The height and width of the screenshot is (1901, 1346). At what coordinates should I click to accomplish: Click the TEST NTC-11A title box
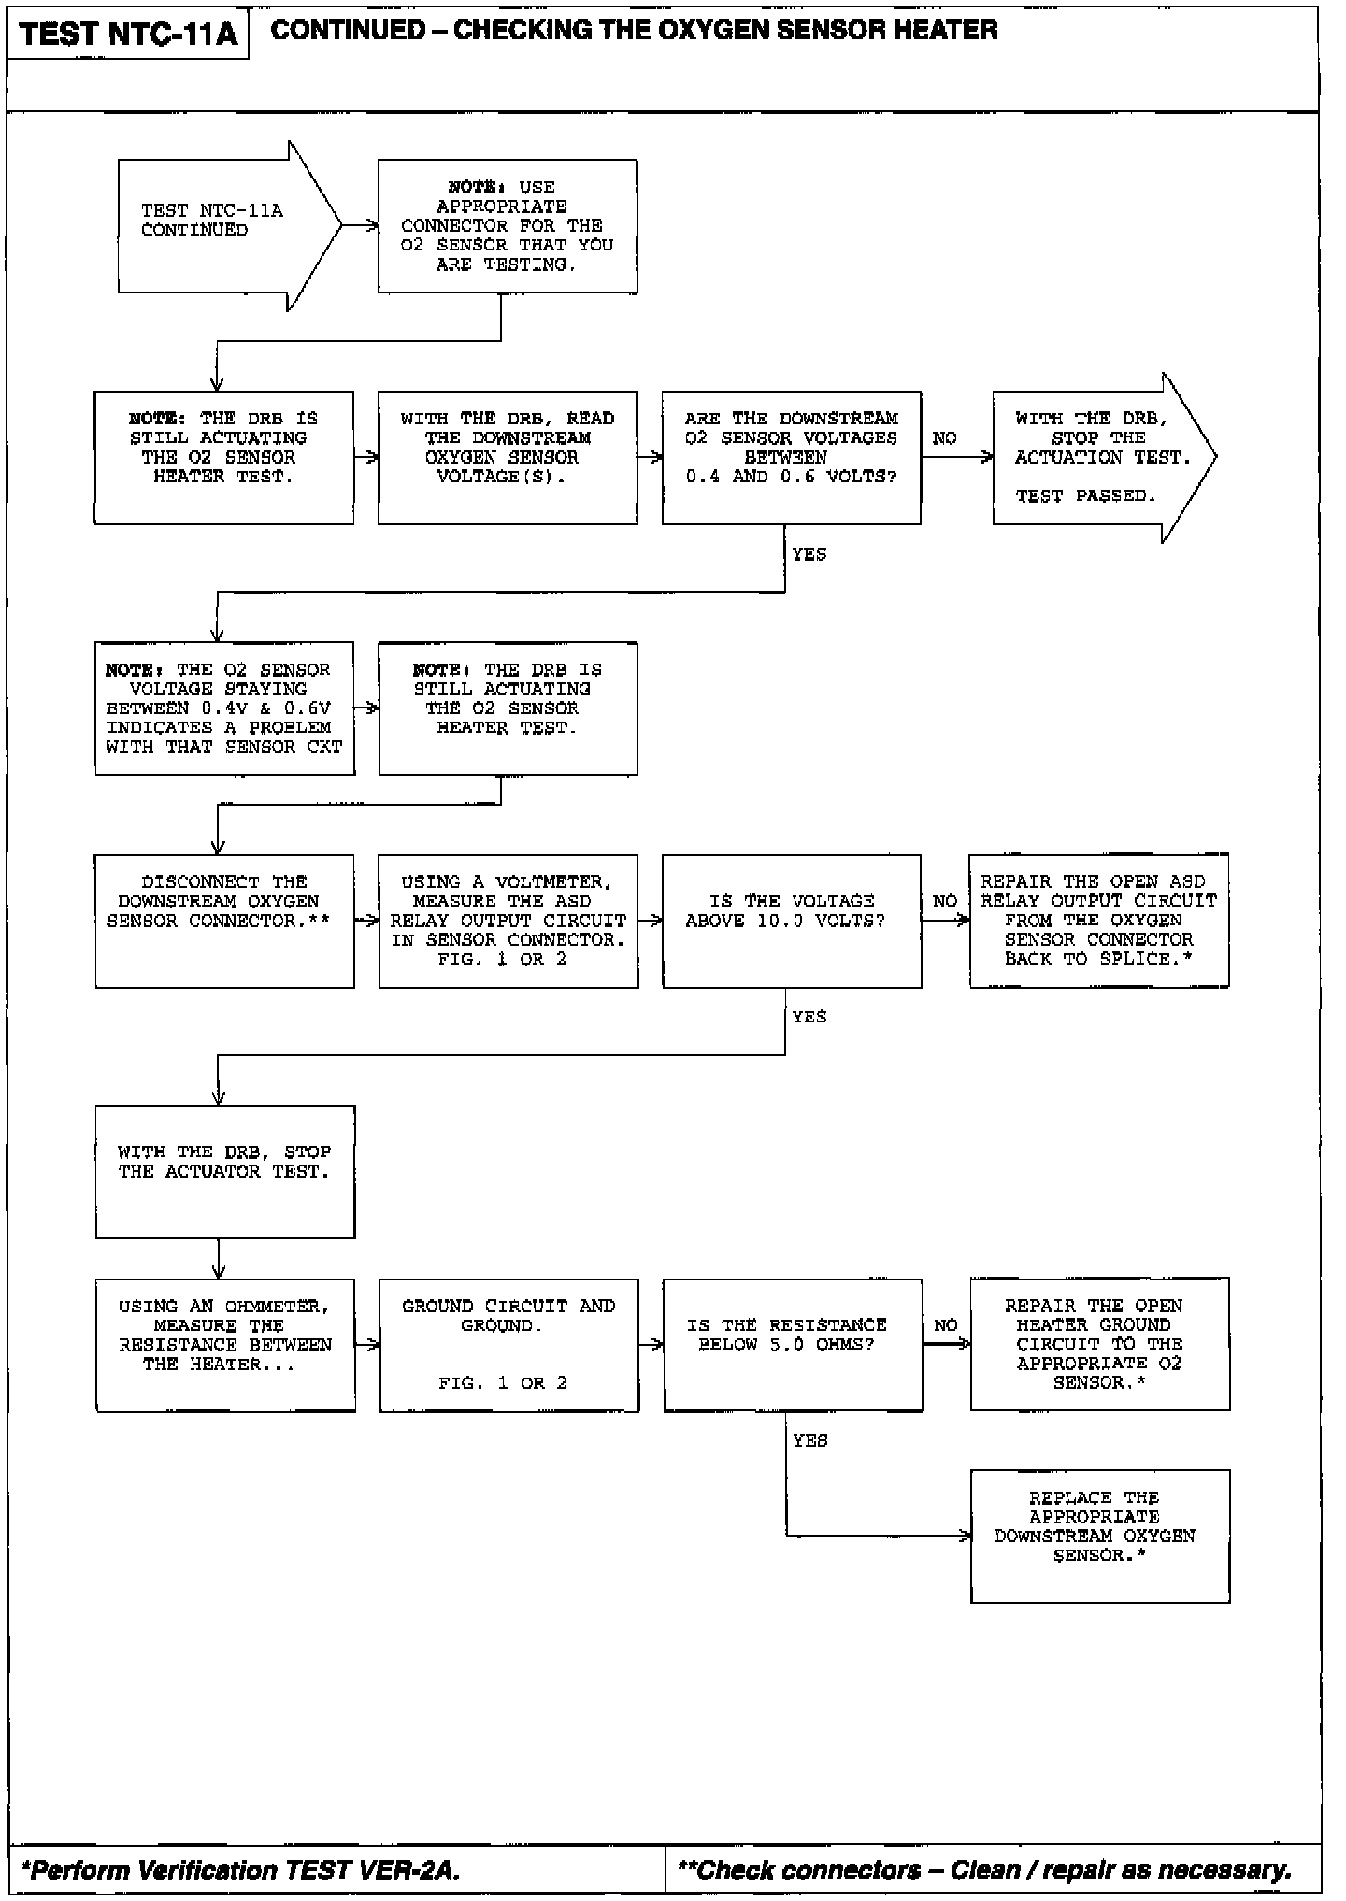pos(128,34)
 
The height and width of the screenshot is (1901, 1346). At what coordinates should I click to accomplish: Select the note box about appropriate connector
pos(508,226)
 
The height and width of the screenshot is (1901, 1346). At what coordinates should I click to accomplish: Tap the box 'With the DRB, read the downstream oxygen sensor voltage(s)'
pos(508,457)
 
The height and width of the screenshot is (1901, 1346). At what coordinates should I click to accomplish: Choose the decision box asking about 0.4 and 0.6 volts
pos(791,457)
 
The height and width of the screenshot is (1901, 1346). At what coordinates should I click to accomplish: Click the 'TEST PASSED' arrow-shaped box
pos(1094,457)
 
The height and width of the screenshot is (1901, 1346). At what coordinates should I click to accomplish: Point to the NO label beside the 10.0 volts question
pos(945,901)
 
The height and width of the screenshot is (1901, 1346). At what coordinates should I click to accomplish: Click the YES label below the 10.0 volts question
pos(809,1017)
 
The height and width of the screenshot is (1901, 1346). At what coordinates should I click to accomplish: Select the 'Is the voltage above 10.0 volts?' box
pos(791,921)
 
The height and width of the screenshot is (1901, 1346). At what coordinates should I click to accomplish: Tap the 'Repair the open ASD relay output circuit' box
pos(1098,921)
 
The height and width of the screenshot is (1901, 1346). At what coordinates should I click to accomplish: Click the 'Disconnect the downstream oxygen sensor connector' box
pos(224,921)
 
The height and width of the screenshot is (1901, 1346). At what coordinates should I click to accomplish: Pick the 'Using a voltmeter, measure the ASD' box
pos(508,921)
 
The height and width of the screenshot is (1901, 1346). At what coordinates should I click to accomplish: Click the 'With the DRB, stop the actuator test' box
pos(224,1171)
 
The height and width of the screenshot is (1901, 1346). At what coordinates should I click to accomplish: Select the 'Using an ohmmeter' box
pos(225,1344)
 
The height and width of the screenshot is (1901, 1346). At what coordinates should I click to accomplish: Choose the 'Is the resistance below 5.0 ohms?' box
pos(792,1344)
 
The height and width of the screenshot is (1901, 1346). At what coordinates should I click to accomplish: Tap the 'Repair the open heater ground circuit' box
pos(1099,1344)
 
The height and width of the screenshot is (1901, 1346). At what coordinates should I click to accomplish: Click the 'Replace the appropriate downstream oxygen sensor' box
pos(1099,1536)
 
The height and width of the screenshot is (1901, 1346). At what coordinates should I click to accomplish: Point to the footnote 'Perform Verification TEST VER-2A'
pos(241,1870)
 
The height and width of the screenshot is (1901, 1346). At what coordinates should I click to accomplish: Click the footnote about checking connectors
pos(984,1870)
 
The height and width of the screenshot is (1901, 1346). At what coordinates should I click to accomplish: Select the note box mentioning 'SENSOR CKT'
pos(224,708)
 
